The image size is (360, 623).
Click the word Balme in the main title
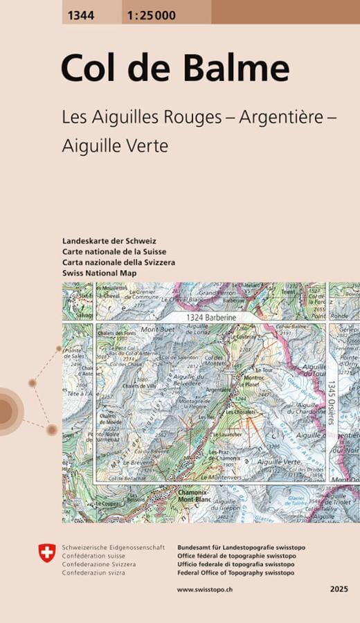237,69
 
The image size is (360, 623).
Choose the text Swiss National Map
99,273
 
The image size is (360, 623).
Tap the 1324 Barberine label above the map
211,316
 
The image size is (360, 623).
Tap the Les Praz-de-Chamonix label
223,455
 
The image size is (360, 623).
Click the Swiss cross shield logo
46,552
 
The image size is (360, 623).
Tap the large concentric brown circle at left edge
7,412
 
